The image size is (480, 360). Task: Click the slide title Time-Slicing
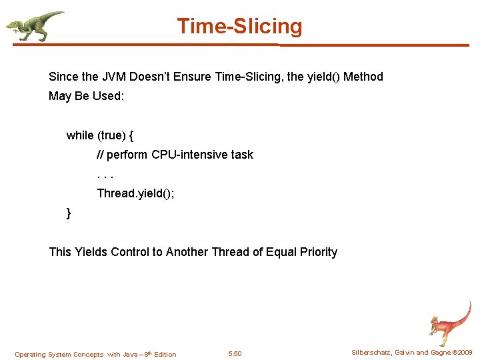[239, 27]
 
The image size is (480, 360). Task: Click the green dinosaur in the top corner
[33, 25]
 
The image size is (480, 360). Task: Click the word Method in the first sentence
[363, 77]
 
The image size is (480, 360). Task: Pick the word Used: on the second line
[108, 96]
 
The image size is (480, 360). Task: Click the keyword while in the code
[80, 135]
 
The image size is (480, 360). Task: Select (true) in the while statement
[111, 135]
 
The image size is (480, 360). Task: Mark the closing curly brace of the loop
[69, 213]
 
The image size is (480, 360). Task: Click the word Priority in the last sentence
[315, 252]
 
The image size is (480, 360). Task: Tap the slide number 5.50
[235, 354]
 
